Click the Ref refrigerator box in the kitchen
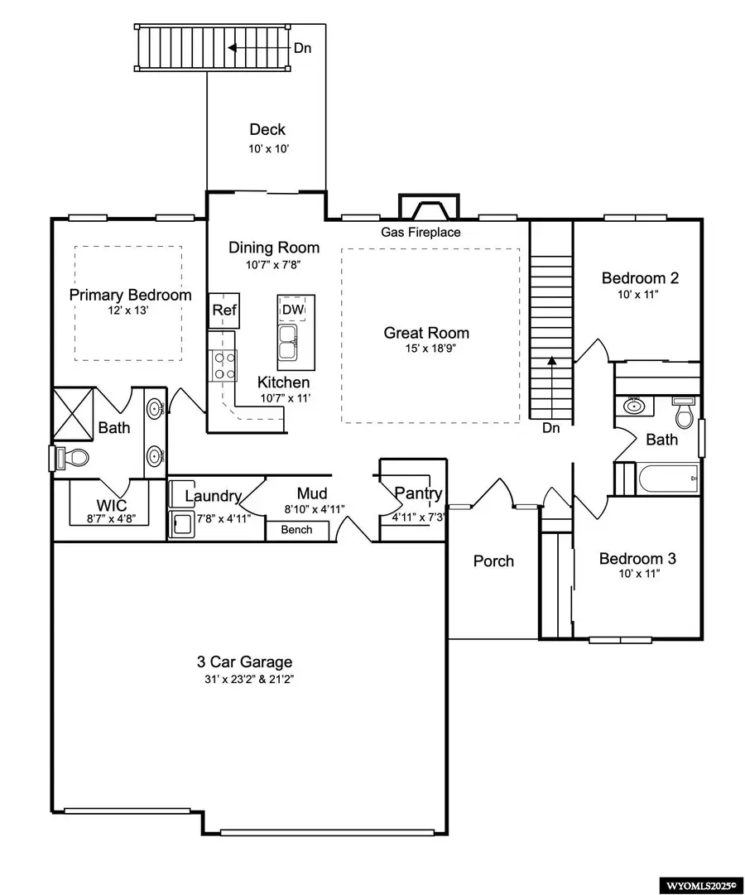point(223,310)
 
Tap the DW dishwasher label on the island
point(293,310)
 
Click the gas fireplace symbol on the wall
point(429,207)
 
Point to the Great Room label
point(426,333)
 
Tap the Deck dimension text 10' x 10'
point(269,149)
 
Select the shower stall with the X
point(73,415)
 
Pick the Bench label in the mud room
point(297,530)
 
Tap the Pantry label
point(419,493)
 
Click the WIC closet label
point(112,505)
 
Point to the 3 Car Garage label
point(244,662)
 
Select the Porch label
point(494,561)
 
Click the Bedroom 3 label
point(637,558)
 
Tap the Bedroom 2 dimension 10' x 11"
point(639,295)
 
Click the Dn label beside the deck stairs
point(303,49)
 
